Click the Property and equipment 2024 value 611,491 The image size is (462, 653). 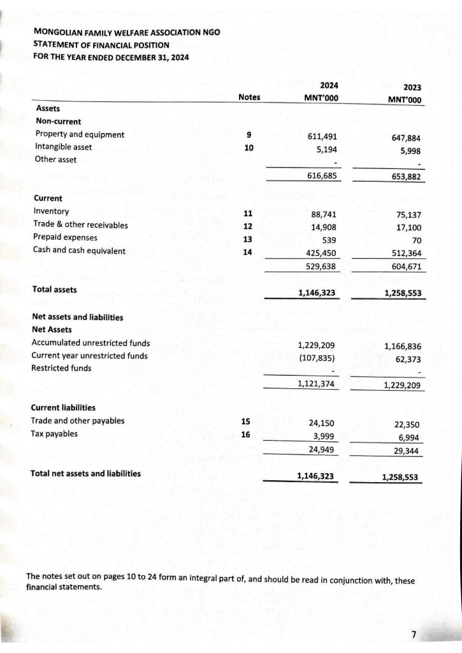(x=322, y=136)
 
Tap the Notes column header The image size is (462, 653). (x=249, y=98)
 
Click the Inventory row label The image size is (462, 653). (x=51, y=212)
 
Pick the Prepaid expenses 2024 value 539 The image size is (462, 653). (x=329, y=240)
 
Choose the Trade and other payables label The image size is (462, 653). (x=77, y=421)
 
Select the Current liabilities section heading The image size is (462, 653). (x=63, y=407)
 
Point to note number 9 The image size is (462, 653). (x=249, y=135)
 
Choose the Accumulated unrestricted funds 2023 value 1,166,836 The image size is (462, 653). (x=403, y=347)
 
